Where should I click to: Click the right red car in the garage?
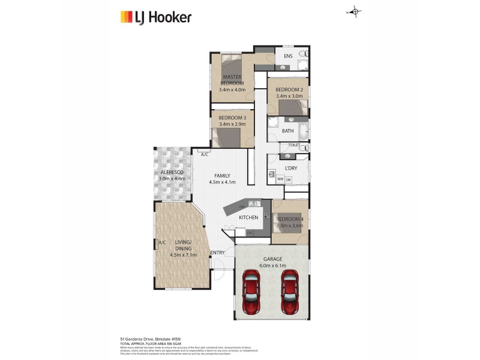pos(290,292)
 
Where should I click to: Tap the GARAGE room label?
pos(272,259)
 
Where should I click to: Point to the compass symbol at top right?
pos(355,11)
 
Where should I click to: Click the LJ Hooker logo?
pos(156,17)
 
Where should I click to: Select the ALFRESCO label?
pos(172,172)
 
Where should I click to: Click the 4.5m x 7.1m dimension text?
pos(182,254)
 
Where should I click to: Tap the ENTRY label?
pos(217,253)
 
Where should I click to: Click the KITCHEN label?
pos(248,217)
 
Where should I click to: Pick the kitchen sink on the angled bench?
pos(253,203)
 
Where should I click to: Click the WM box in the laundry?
pos(280,179)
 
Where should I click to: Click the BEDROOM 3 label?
pos(232,118)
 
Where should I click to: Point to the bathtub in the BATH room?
pos(303,131)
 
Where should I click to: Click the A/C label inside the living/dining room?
pos(162,242)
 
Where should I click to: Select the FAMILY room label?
pos(222,175)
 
